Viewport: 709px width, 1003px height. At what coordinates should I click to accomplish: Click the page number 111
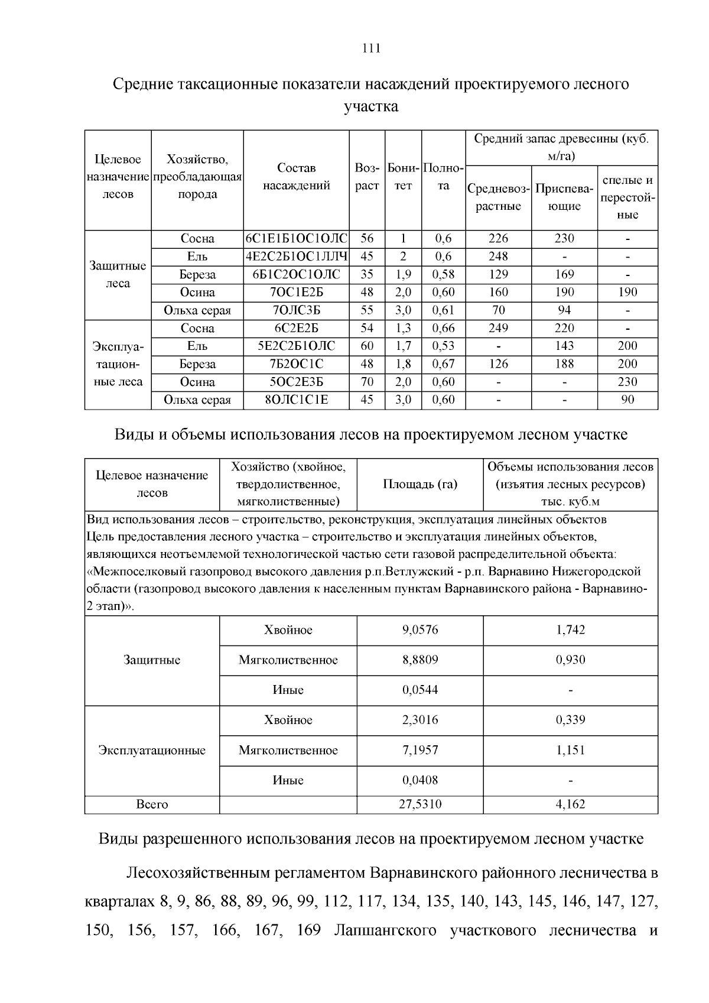(x=371, y=48)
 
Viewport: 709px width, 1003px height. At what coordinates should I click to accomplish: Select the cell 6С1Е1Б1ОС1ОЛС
(x=296, y=239)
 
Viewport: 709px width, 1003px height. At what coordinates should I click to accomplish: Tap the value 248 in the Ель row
(x=498, y=257)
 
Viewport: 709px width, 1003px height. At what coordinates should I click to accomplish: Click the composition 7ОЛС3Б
(x=296, y=310)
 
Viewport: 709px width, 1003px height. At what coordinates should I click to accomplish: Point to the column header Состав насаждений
(x=296, y=177)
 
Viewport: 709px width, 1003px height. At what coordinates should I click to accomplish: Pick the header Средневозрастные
(x=498, y=197)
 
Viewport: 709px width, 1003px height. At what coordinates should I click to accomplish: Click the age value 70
(x=367, y=382)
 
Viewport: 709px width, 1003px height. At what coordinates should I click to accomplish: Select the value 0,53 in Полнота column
(x=443, y=346)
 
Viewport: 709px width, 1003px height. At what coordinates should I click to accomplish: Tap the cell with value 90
(x=627, y=400)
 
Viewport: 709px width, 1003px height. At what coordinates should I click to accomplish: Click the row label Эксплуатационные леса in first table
(x=118, y=363)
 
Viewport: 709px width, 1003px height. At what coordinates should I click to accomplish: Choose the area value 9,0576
(x=420, y=630)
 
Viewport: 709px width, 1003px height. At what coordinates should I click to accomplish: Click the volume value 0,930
(x=570, y=660)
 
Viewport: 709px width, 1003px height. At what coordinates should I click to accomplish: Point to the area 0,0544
(x=420, y=690)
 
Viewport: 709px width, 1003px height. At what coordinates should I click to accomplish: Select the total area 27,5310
(x=420, y=804)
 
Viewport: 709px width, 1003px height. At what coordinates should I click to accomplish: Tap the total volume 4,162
(x=570, y=804)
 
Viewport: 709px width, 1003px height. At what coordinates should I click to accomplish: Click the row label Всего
(x=152, y=804)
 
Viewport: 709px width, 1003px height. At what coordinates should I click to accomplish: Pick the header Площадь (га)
(x=420, y=484)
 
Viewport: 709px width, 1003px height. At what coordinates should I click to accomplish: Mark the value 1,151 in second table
(x=570, y=750)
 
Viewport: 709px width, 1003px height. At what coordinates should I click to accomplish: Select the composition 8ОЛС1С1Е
(x=296, y=400)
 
